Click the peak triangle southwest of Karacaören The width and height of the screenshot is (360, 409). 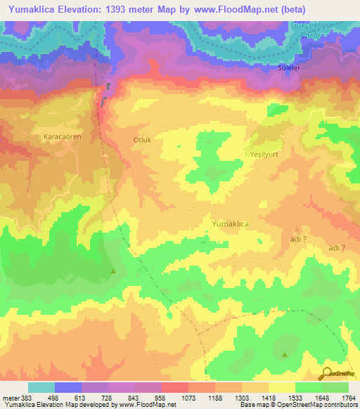[x=113, y=271]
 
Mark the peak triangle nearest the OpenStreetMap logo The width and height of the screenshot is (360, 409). [x=284, y=354]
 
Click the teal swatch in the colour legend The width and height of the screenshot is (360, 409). [x=41, y=387]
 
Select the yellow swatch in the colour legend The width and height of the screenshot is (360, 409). [x=281, y=387]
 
